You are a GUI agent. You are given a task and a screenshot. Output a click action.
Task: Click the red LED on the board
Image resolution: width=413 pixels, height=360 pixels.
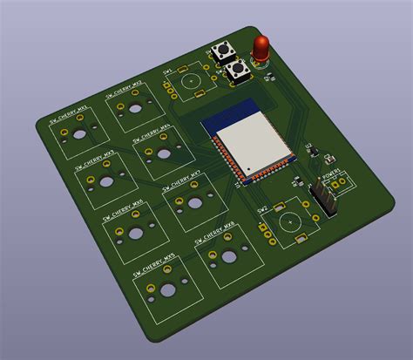[261, 48]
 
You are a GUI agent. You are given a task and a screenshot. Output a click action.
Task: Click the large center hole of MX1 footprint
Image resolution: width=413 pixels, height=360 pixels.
[79, 135]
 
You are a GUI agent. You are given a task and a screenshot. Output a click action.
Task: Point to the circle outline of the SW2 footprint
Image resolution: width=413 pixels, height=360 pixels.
[288, 221]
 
